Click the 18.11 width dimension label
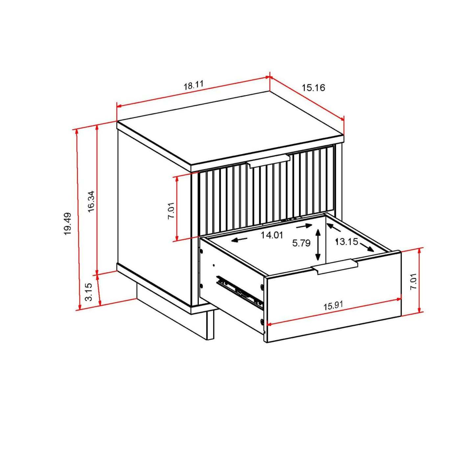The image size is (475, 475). (193, 85)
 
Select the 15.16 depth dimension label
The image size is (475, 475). (313, 87)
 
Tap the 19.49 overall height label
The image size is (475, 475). (68, 224)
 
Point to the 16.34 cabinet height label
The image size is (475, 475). (91, 201)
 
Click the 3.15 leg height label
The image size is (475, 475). (88, 292)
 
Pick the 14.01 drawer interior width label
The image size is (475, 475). (272, 235)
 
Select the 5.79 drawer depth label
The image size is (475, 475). (301, 243)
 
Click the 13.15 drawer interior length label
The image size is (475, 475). (346, 242)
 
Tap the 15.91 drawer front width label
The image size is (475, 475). (333, 306)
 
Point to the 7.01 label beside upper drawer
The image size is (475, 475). (171, 211)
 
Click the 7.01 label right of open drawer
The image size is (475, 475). (413, 281)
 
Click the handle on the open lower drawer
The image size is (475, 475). (335, 266)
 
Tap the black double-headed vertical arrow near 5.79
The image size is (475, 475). (318, 245)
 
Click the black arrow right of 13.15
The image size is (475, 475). (367, 247)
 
